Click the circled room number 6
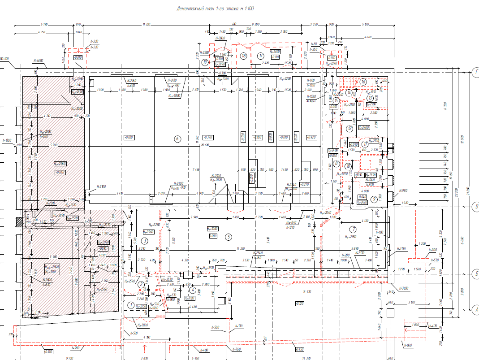[177, 139]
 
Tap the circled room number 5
[228, 237]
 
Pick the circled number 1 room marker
[131, 305]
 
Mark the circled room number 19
[206, 62]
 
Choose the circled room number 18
[244, 56]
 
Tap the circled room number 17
[261, 56]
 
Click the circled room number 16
[363, 82]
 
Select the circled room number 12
[350, 129]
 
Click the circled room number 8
[349, 164]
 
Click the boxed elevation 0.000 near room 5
[213, 235]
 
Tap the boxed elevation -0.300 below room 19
[222, 73]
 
